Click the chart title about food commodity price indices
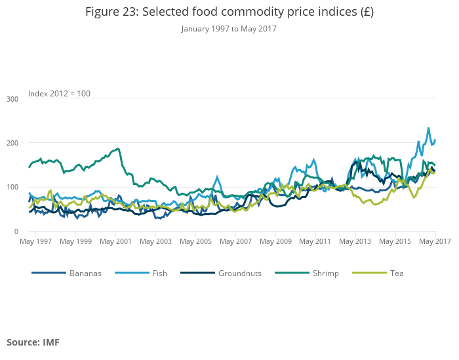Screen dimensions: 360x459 229,12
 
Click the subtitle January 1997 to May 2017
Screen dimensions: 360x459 229,29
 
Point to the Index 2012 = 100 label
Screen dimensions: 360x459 59,94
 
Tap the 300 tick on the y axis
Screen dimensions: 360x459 12,99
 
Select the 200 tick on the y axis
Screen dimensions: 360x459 12,143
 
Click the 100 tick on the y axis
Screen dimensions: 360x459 12,188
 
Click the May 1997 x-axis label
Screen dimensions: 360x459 36,242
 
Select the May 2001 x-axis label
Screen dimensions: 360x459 116,242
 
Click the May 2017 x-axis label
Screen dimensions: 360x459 434,242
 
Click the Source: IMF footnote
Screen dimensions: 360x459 33,342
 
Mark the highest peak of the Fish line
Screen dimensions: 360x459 429,129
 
